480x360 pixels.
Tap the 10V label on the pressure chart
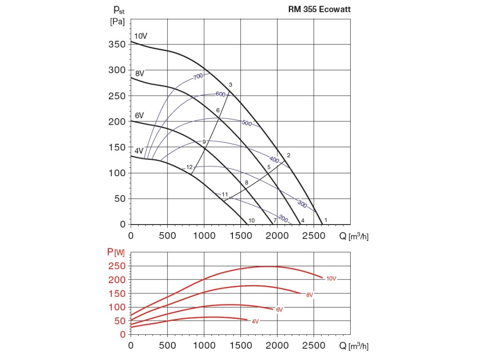click(141, 36)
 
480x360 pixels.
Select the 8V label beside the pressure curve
click(140, 73)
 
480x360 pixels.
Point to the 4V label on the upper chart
click(139, 150)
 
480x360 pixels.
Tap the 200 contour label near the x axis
click(283, 218)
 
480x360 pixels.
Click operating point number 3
click(231, 84)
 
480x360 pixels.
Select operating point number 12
click(189, 167)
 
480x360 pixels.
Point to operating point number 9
click(204, 142)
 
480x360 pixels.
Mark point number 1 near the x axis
click(325, 220)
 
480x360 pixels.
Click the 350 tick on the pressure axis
click(117, 45)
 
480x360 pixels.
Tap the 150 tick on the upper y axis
click(117, 147)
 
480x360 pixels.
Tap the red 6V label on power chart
click(279, 310)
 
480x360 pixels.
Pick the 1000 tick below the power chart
click(204, 346)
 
